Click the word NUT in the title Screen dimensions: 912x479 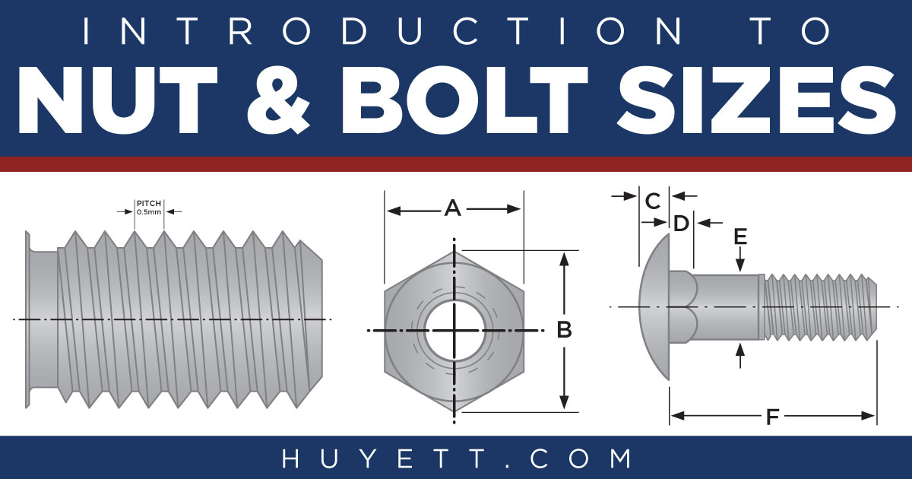coord(118,100)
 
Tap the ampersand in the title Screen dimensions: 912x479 coord(278,100)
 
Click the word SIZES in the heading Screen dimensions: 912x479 coord(756,100)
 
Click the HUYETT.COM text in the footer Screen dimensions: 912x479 coord(456,458)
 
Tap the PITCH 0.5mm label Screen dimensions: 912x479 coord(149,208)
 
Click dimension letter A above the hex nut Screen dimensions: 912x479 coord(453,208)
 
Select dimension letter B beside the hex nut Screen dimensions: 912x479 coord(564,330)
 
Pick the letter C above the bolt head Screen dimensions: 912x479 coord(653,201)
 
